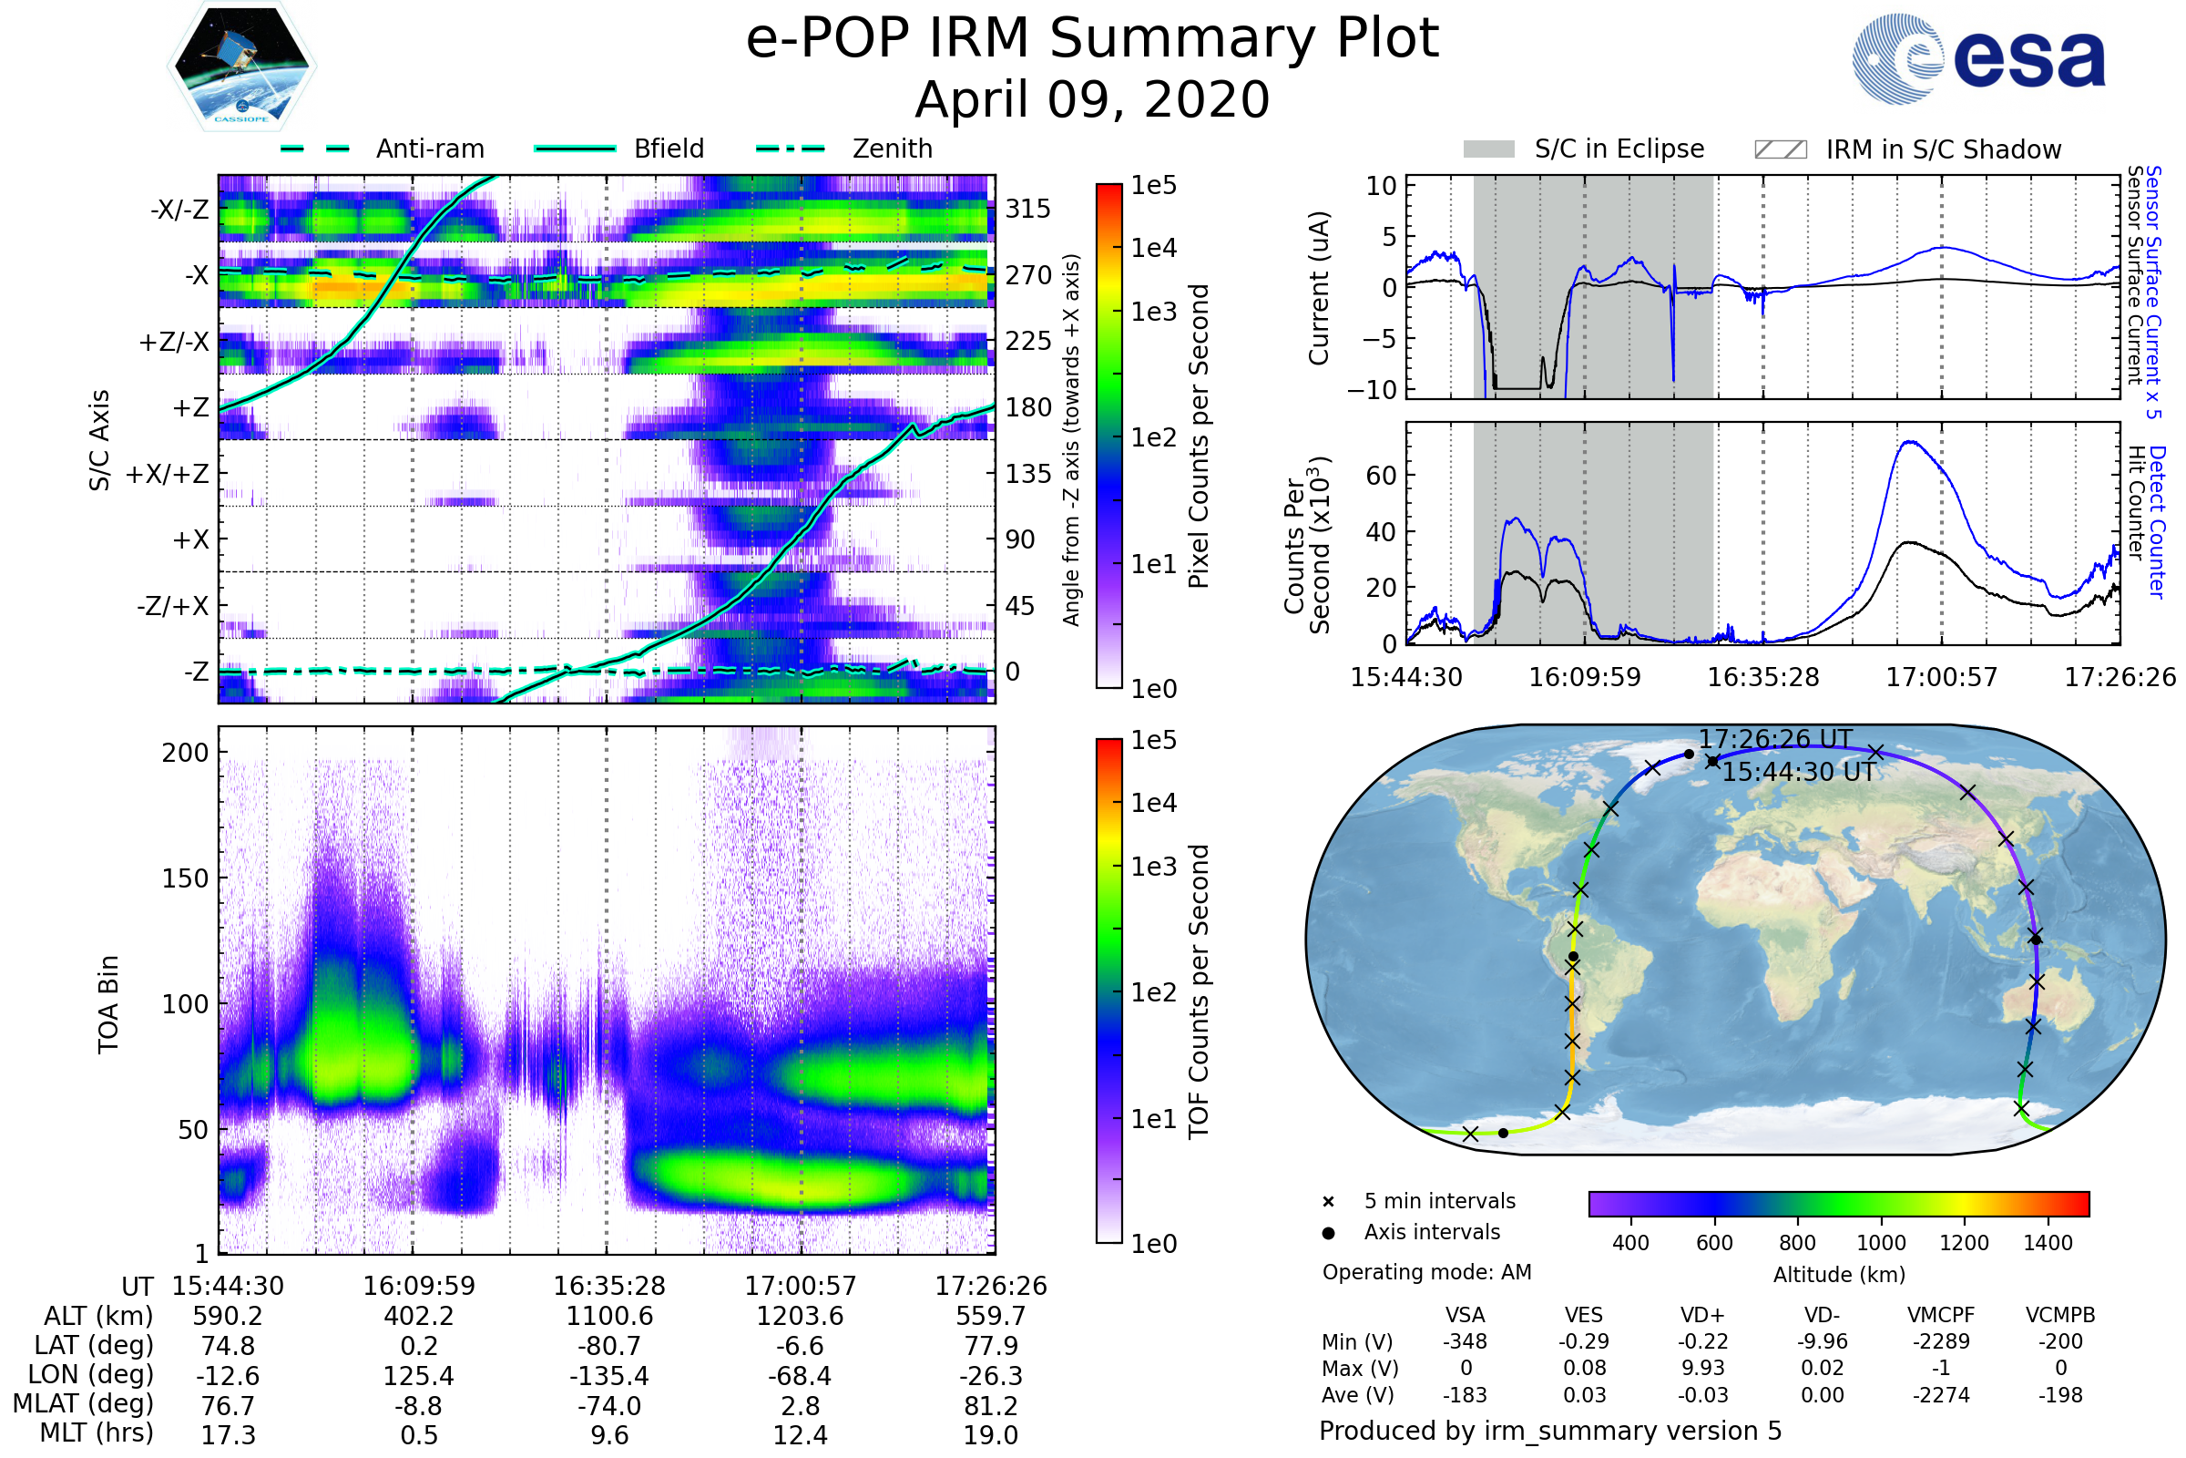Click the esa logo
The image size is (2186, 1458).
1978,58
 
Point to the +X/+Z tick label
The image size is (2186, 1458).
168,474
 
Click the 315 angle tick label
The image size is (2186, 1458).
1028,209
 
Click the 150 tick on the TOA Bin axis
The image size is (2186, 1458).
185,878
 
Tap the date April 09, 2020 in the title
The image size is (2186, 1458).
1092,100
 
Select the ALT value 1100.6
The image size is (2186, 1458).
609,1317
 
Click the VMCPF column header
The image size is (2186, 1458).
1941,1316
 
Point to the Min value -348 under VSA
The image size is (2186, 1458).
1465,1341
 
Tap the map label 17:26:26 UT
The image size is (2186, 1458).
1775,739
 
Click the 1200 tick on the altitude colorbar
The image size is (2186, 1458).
1964,1243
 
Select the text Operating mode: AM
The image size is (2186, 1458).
1426,1272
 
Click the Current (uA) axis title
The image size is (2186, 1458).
1319,288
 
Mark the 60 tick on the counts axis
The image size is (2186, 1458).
1381,476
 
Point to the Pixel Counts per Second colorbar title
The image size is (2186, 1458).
1199,436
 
